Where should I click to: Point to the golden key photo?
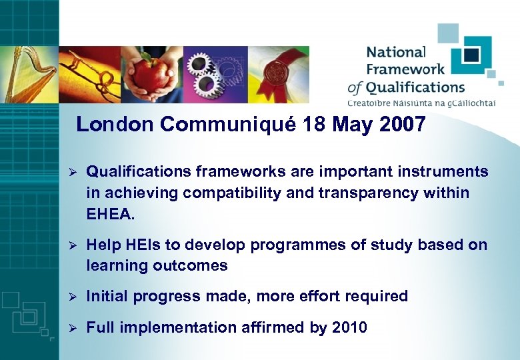[90, 75]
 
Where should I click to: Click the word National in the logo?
[395, 52]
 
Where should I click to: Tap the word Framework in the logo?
[406, 69]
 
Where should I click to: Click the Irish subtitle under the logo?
[421, 103]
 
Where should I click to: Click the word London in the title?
[115, 125]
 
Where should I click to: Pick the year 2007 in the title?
[402, 125]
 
